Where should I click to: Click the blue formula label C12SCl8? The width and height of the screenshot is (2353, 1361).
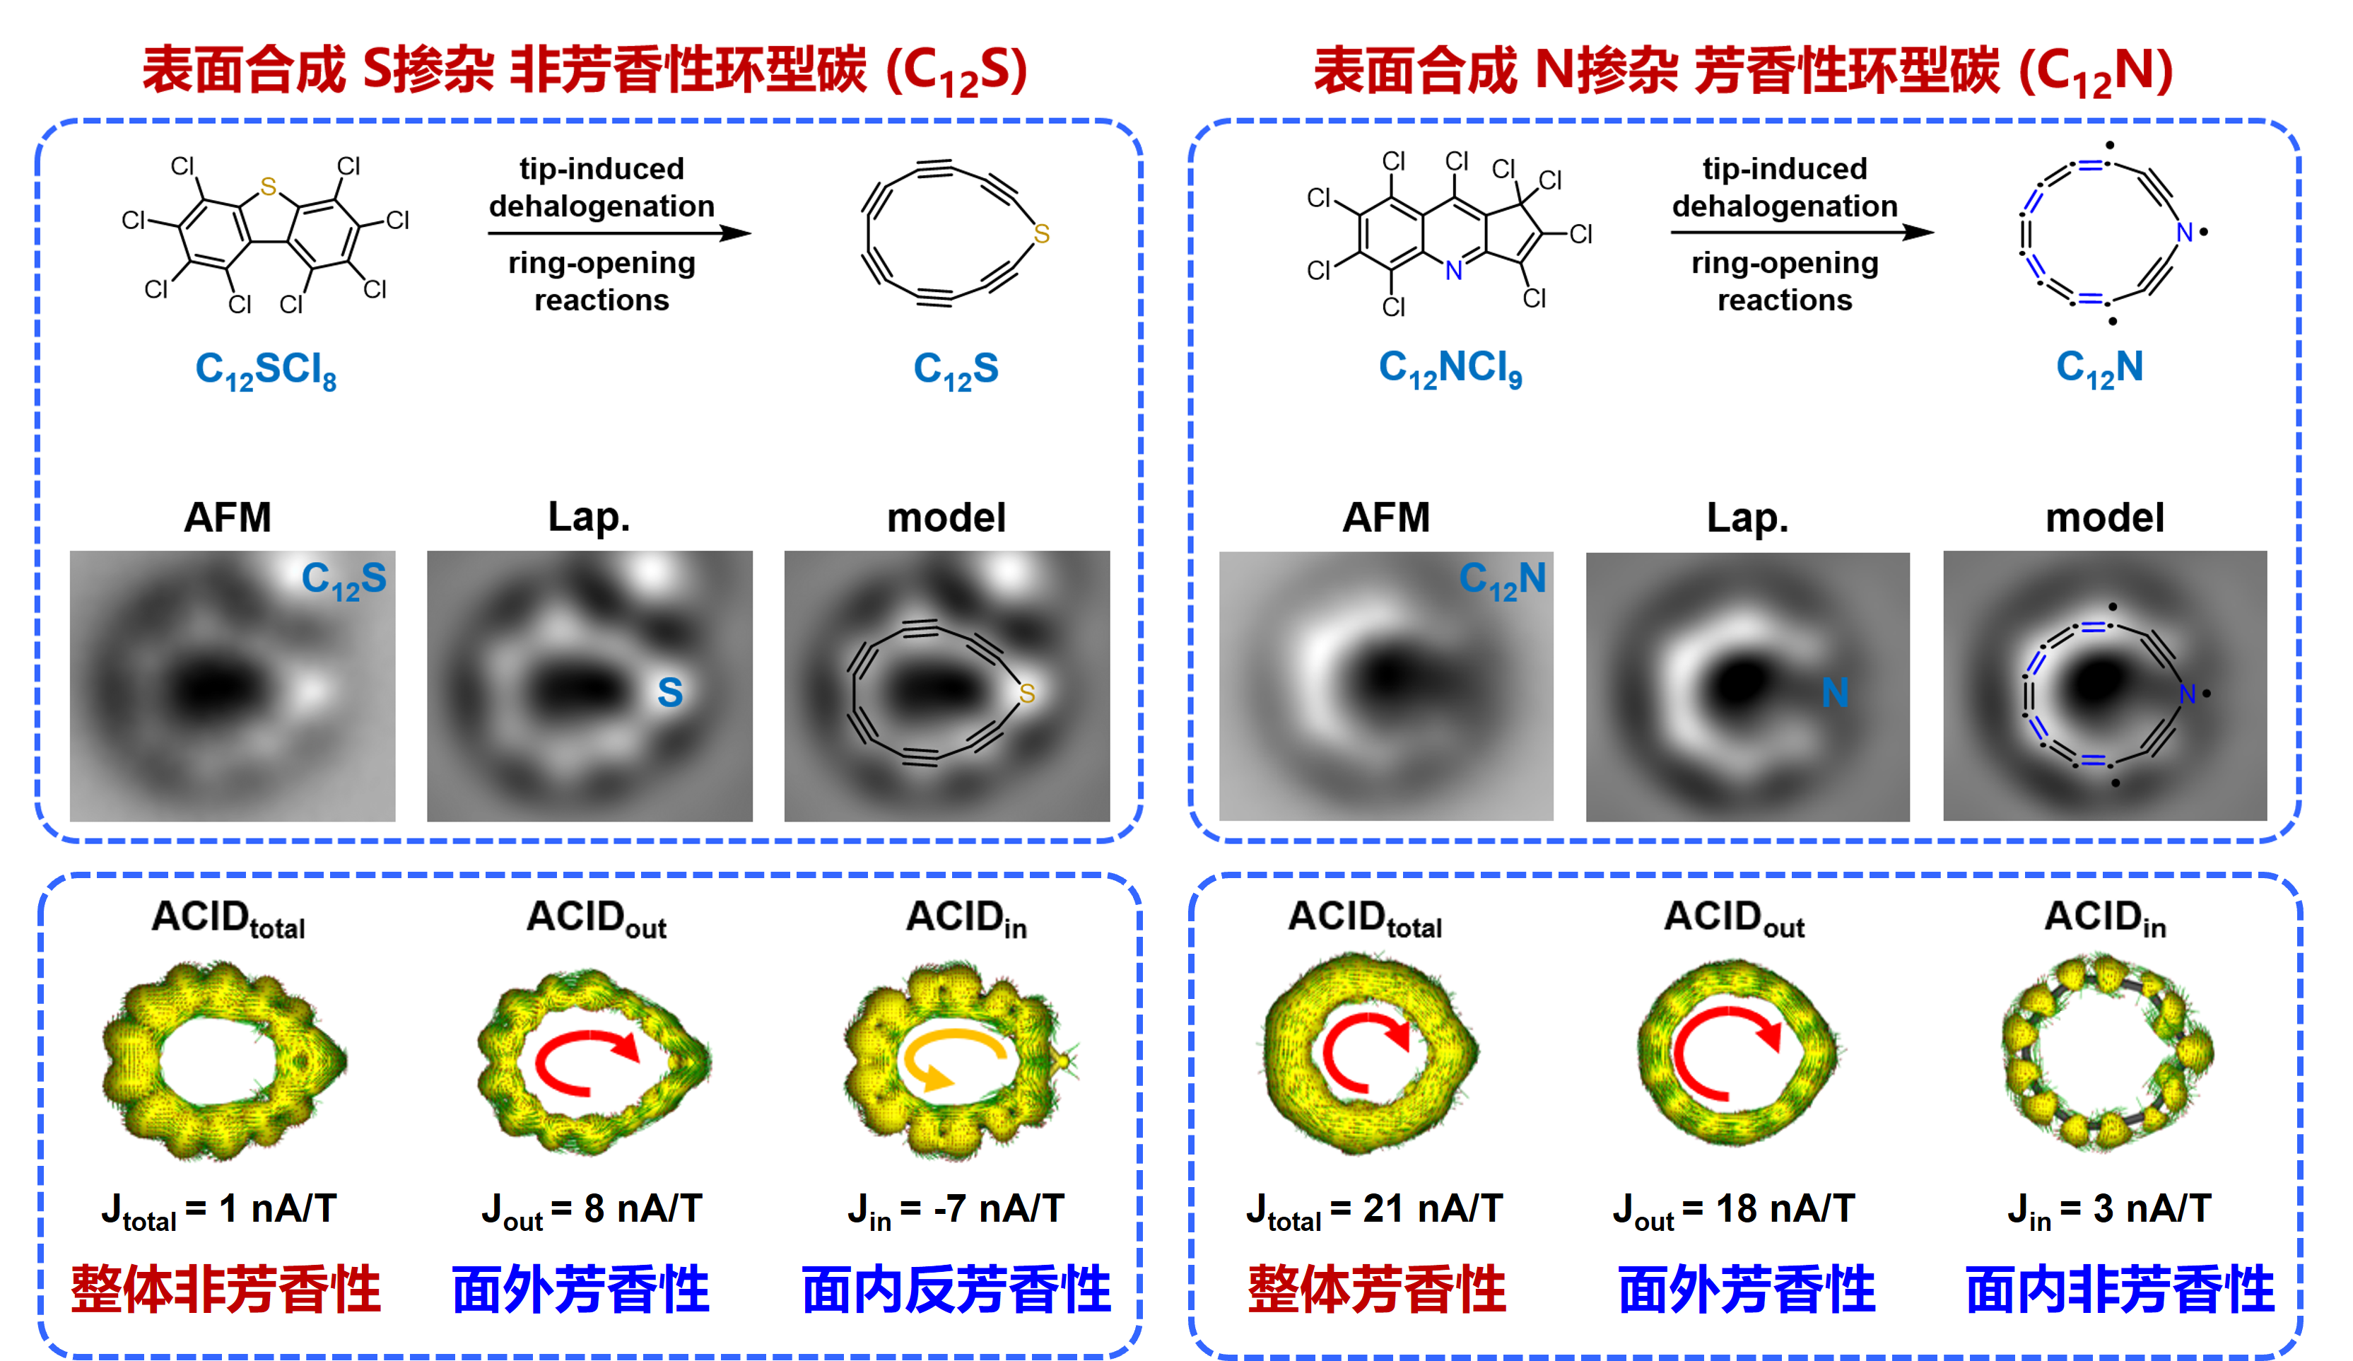tap(266, 371)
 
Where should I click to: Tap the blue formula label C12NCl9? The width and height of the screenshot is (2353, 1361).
tap(1450, 369)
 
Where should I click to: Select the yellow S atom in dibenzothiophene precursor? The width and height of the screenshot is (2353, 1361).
tap(269, 187)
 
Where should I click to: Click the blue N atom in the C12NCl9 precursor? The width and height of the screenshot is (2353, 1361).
tap(1454, 271)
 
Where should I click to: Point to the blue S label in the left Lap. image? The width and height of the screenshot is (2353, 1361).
tap(669, 692)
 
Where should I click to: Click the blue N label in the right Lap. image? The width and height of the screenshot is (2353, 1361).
tap(1835, 693)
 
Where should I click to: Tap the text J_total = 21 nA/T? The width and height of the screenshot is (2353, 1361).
tap(1375, 1210)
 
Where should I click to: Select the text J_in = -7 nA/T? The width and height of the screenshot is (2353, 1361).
tap(955, 1210)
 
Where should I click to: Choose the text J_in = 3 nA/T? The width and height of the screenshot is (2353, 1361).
tap(2108, 1210)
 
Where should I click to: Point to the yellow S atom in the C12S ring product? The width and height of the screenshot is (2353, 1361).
tap(1042, 233)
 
